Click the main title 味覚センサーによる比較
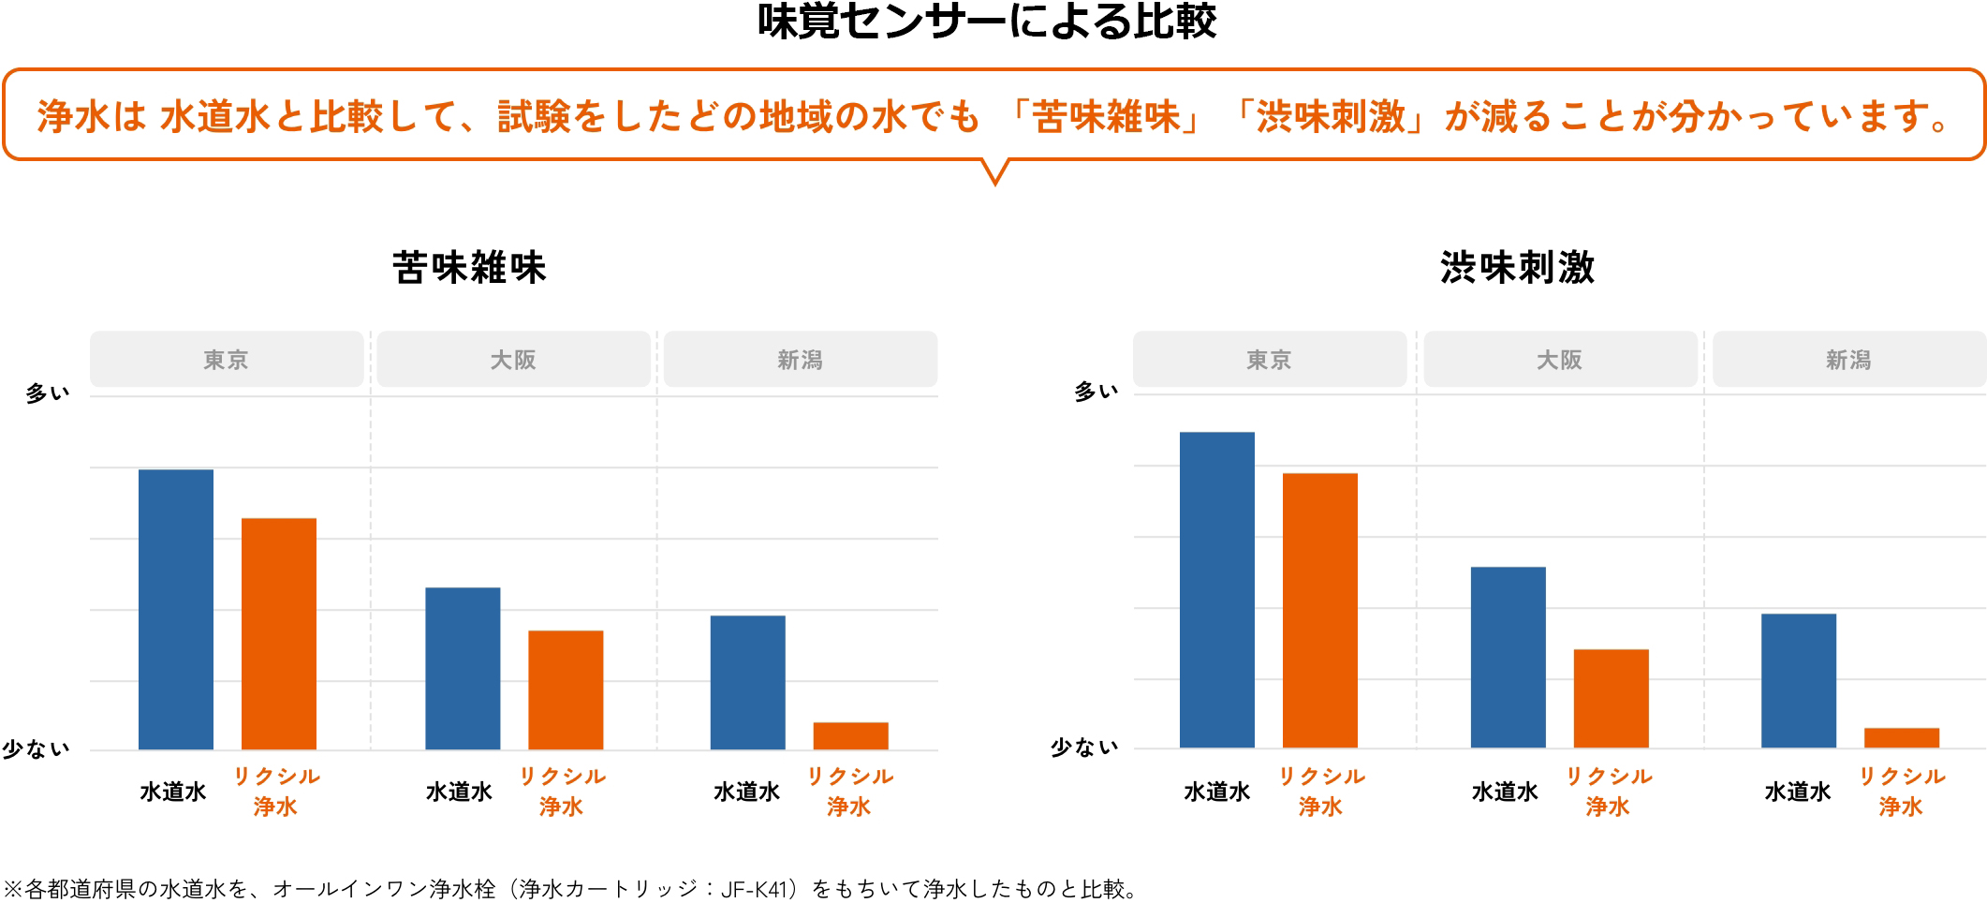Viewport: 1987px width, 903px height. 986,22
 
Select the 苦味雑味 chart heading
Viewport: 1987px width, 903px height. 469,268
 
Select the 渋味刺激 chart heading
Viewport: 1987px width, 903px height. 1517,268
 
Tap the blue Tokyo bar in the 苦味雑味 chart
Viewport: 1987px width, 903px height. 176,609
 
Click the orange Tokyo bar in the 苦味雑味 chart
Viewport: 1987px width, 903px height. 279,633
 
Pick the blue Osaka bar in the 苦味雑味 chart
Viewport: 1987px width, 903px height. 463,668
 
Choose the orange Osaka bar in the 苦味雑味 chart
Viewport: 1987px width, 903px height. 566,689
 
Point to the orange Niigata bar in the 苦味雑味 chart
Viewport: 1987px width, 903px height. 850,735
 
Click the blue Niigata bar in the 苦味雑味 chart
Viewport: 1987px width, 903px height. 747,682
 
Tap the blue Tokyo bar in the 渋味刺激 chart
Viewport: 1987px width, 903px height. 1216,589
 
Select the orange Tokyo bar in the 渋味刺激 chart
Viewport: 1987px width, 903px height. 1319,610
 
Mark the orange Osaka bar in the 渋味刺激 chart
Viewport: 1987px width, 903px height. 1611,698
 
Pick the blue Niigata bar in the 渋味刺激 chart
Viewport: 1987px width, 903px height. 1798,680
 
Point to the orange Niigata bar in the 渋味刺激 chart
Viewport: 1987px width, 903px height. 1901,737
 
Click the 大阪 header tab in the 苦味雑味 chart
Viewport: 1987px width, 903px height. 513,360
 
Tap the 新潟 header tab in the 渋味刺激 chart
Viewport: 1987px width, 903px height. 1848,360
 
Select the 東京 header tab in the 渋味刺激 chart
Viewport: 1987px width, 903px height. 1269,360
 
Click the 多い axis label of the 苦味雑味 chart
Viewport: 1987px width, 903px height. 48,393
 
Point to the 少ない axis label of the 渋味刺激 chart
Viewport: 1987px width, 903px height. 1084,748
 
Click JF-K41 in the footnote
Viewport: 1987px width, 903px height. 756,889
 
